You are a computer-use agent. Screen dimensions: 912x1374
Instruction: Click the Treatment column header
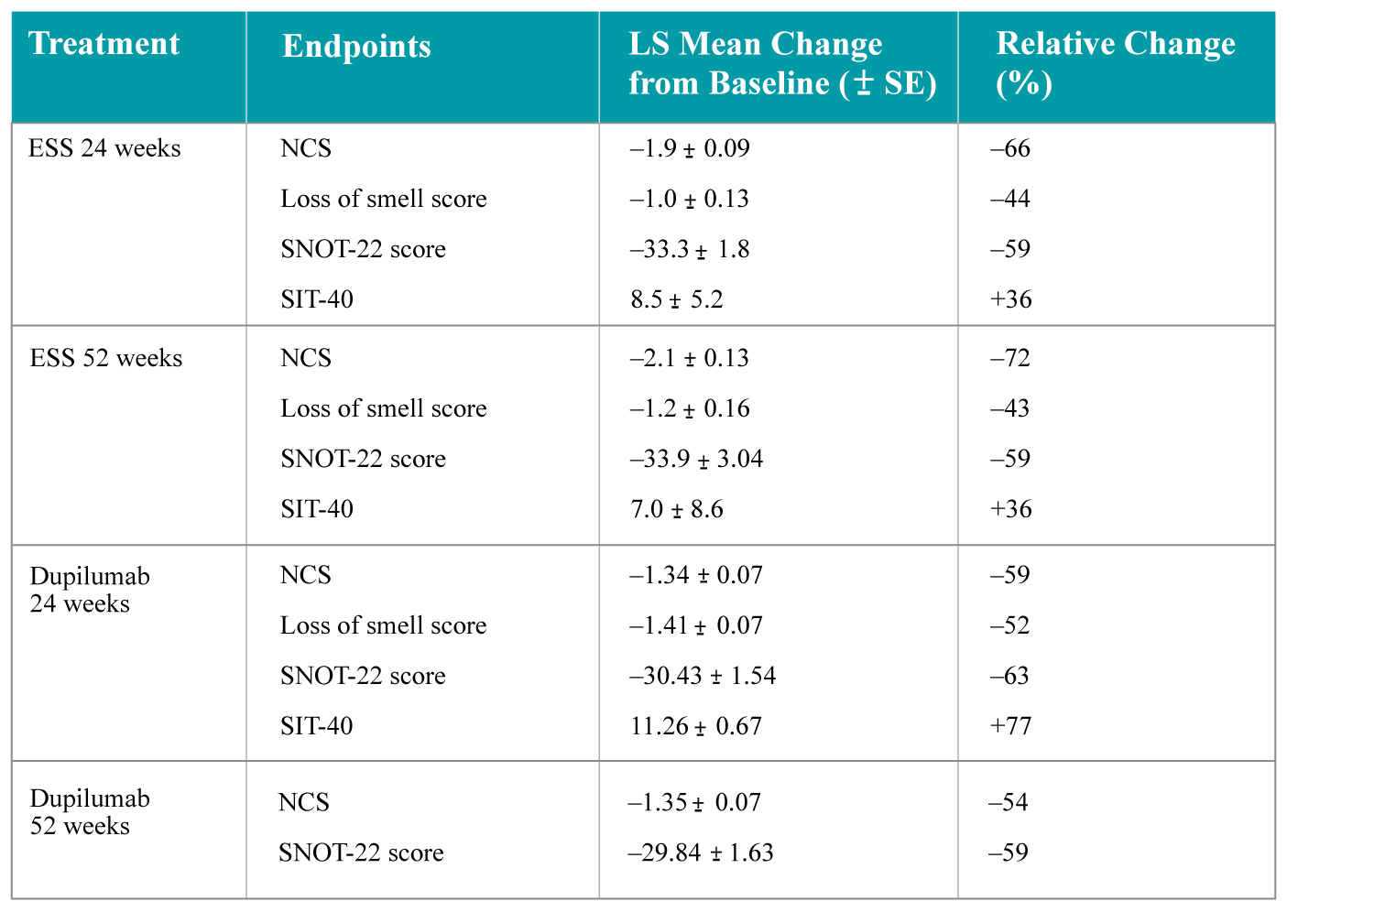point(104,44)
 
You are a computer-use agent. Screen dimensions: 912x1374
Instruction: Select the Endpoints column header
point(356,46)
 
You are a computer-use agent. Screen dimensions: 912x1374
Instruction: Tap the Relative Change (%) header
point(1115,63)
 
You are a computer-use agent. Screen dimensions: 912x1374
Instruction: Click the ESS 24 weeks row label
point(104,148)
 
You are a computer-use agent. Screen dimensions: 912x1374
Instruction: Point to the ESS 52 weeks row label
point(106,358)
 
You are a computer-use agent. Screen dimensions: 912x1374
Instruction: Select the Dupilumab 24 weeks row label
point(90,590)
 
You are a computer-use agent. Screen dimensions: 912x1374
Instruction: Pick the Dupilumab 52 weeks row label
point(90,812)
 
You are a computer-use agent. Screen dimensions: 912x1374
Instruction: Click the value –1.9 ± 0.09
point(690,148)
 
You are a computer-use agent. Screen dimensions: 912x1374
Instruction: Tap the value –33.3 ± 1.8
point(690,249)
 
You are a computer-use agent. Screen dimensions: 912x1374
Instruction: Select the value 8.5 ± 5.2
point(676,299)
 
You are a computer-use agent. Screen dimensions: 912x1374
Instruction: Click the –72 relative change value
point(1009,358)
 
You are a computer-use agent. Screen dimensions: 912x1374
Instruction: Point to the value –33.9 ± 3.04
point(696,459)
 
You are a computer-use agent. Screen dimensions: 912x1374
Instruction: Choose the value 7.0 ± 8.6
point(676,509)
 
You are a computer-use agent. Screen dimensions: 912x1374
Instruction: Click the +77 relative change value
point(1010,726)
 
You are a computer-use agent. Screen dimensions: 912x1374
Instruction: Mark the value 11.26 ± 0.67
point(696,726)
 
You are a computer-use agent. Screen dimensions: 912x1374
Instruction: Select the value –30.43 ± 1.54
point(703,676)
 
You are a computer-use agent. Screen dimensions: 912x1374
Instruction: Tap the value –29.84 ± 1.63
point(701,853)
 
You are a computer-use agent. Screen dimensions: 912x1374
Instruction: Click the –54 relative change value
point(1008,803)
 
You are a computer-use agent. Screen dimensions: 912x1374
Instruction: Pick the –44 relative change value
point(1009,199)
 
